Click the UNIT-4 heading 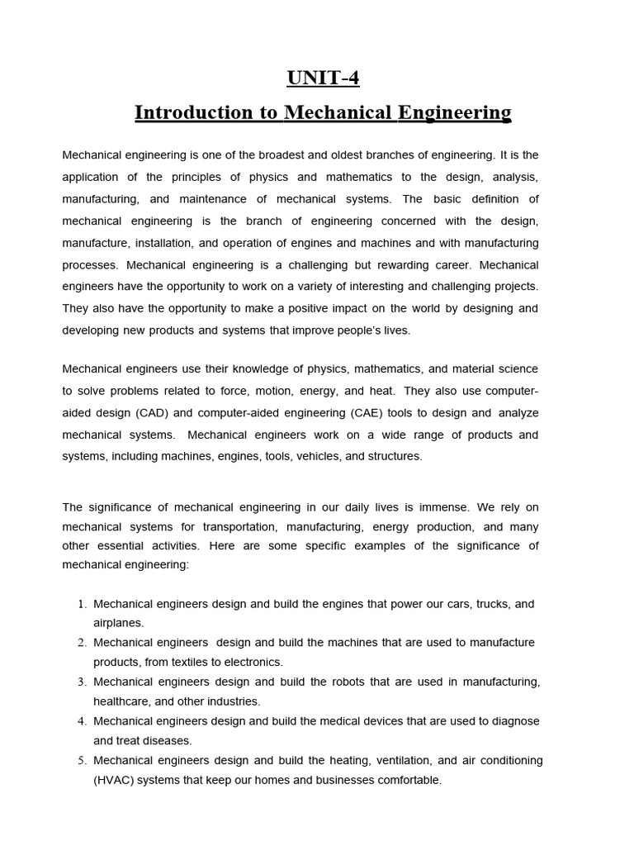(323, 78)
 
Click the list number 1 (82, 604)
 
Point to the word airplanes (118, 623)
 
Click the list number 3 (82, 682)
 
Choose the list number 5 (82, 760)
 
